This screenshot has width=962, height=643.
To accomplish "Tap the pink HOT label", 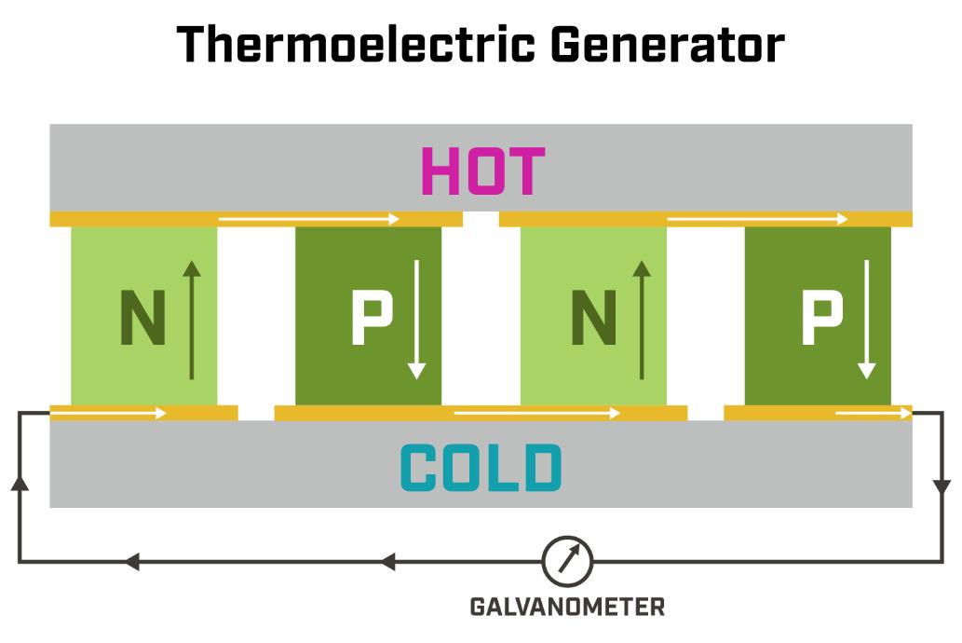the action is point(482,171).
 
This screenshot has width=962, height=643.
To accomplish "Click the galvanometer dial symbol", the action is point(567,561).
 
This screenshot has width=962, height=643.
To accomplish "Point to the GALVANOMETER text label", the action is point(567,608).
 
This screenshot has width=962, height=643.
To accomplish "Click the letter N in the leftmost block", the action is point(142,319).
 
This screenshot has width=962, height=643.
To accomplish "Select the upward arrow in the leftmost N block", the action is point(191,319).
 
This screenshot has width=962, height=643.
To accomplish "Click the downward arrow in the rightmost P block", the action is point(867,319).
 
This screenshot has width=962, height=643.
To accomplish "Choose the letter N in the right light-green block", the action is point(593,319).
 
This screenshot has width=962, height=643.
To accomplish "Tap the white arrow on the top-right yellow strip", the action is point(758,219).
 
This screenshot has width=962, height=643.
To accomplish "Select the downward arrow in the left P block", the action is point(416,319).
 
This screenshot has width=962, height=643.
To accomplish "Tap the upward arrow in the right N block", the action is point(641,319).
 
